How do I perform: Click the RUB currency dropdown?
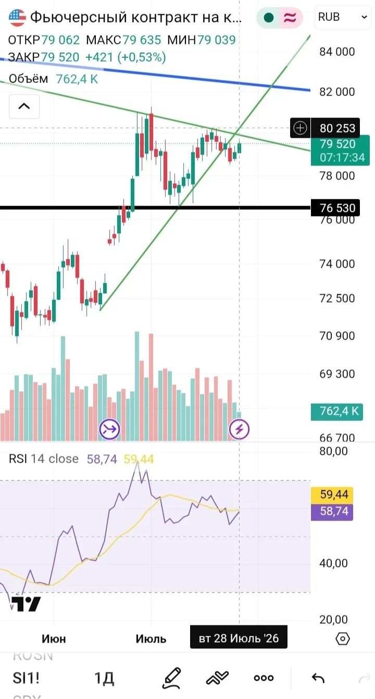(x=343, y=17)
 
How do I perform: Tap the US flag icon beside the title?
(x=17, y=18)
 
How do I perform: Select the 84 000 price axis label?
(x=337, y=52)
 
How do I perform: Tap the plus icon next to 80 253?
(x=300, y=128)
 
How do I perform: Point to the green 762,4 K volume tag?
(x=337, y=411)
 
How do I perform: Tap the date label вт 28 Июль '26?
(x=239, y=638)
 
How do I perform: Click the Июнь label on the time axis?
(x=54, y=639)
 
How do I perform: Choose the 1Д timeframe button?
(x=104, y=678)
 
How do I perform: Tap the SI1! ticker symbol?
(x=26, y=678)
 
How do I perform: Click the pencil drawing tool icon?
(x=172, y=678)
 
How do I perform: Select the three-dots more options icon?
(x=264, y=678)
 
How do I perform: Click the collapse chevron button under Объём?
(x=24, y=106)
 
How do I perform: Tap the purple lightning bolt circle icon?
(x=239, y=429)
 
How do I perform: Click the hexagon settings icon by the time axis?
(x=343, y=638)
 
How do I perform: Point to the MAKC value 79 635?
(x=142, y=40)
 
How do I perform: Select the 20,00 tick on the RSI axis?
(x=333, y=619)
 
